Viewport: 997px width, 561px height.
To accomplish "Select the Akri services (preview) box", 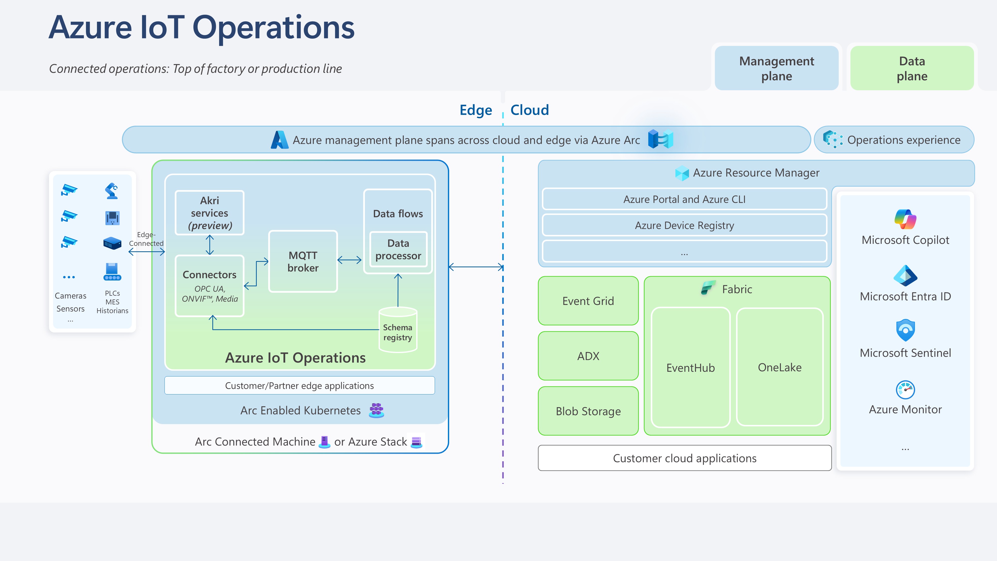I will [x=209, y=212].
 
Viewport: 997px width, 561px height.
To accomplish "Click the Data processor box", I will [x=398, y=249].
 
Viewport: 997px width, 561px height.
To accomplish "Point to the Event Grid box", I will [x=588, y=301].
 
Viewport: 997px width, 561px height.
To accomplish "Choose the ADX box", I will [x=588, y=356].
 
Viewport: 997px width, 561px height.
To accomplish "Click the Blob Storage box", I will [x=588, y=411].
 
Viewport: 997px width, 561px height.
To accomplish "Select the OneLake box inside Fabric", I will [x=779, y=367].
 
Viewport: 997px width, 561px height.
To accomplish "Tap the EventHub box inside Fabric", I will [x=690, y=367].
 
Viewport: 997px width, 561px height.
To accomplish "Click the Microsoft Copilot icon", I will [x=905, y=219].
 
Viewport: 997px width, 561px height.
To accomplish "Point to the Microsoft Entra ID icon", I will [x=905, y=276].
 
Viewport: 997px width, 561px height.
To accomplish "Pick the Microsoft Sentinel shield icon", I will [x=905, y=330].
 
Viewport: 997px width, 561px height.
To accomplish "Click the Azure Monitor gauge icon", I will [x=905, y=389].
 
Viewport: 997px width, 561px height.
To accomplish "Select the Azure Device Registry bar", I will [x=684, y=225].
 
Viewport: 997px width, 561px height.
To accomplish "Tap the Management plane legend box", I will [x=776, y=68].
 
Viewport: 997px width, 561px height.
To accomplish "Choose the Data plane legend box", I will [x=912, y=68].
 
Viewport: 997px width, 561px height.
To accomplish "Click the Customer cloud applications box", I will [x=684, y=458].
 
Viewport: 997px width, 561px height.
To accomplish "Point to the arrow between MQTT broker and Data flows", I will [x=349, y=260].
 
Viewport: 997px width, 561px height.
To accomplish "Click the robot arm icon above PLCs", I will [x=112, y=191].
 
